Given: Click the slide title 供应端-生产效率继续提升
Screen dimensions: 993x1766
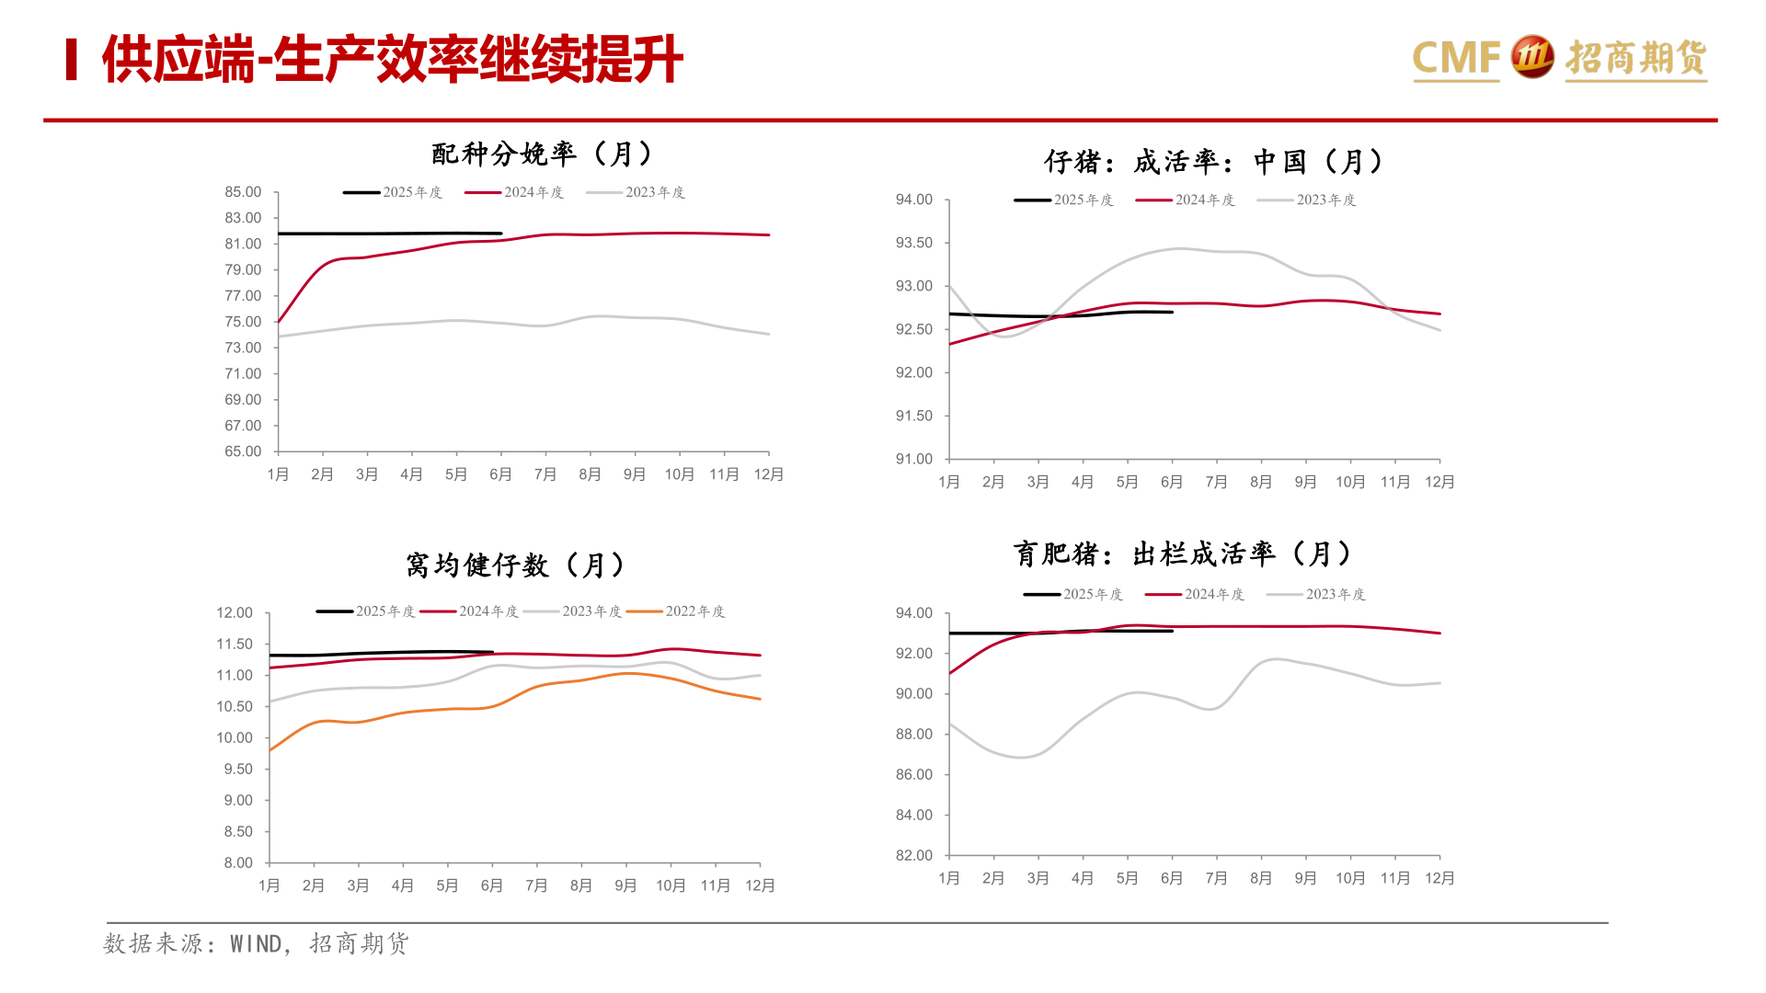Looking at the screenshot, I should point(392,60).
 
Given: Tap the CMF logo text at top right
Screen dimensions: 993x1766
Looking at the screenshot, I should point(1455,58).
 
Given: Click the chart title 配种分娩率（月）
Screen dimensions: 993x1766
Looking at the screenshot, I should point(543,154).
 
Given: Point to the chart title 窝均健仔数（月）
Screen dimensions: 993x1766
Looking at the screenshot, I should point(516,565).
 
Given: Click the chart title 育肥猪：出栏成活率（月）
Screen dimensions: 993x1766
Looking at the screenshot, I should point(1184,554).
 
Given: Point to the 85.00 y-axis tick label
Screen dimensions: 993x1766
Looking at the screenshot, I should point(243,192).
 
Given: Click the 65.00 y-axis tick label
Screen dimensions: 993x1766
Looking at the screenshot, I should point(243,451).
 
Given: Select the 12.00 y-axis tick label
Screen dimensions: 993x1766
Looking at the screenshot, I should point(235,613).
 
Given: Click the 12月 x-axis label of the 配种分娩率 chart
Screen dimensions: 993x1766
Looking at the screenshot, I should point(769,474).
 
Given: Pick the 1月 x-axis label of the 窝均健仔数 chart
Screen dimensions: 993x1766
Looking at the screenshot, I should point(269,885).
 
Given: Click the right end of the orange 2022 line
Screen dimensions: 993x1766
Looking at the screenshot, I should point(760,699).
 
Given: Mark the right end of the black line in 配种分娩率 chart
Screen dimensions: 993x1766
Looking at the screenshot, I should point(501,234).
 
